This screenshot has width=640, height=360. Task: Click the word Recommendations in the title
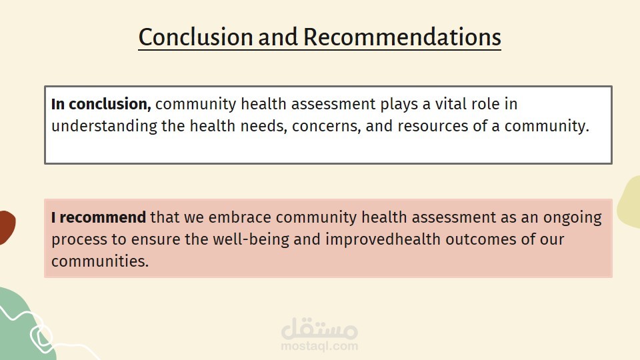pos(402,37)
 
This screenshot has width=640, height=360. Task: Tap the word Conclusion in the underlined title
pos(196,37)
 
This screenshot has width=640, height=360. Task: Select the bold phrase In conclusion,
pos(101,104)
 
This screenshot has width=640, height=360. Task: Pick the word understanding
pos(104,127)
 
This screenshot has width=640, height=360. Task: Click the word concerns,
pos(326,127)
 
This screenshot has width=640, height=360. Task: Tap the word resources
pos(433,127)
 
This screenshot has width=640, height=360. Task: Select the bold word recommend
pos(103,217)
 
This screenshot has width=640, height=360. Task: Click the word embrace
pos(239,217)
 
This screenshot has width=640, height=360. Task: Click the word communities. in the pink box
pos(100,261)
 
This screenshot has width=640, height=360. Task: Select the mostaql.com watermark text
pos(319,347)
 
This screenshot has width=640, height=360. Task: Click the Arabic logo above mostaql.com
pos(319,328)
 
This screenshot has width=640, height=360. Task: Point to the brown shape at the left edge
pos(7,227)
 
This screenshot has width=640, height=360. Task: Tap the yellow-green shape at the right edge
pos(630,202)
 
